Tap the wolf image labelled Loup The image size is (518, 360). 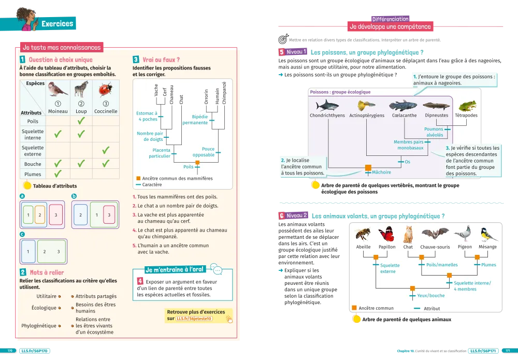[81, 89]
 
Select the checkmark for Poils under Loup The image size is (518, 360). [81, 121]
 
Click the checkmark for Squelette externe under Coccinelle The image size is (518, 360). [106, 150]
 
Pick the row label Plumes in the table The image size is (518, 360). [33, 175]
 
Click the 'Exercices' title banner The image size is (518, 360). [57, 24]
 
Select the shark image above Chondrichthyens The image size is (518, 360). [327, 106]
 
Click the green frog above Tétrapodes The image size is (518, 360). [467, 106]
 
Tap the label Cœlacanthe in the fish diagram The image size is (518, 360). [404, 116]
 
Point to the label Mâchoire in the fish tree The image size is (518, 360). [381, 172]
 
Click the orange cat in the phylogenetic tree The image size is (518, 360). [408, 235]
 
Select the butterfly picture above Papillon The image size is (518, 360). [386, 235]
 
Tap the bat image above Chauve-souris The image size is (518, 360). [435, 234]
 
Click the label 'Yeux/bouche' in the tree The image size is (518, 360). [430, 296]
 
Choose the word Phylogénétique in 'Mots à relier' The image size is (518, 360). [38, 326]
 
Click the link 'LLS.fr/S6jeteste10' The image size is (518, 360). [194, 319]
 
